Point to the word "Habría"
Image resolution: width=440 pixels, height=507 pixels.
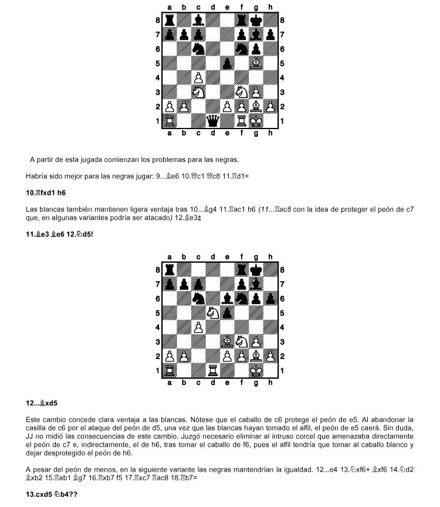[37, 176]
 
